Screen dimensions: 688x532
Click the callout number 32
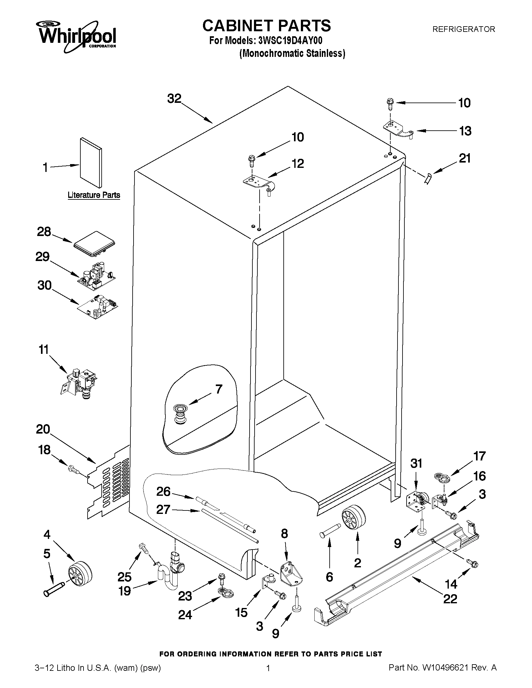tap(174, 98)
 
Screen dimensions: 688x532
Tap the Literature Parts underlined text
tap(94, 195)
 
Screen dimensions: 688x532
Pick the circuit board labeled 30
tap(98, 307)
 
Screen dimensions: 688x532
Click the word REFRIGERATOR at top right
tap(464, 29)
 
